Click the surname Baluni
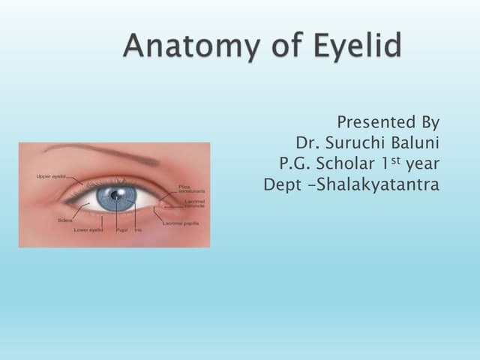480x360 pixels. pos(415,142)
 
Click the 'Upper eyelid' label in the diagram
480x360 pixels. pos(52,176)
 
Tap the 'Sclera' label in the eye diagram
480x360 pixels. pos(64,220)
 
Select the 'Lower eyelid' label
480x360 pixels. pos(88,229)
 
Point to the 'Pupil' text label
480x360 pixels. pos(121,229)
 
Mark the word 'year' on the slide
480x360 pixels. pos(422,163)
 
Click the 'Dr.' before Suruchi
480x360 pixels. pos(304,142)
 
